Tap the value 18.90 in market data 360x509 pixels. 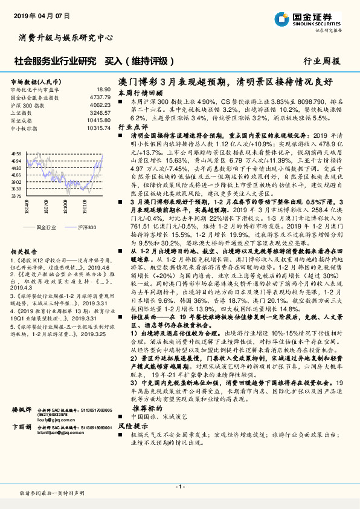click(103, 89)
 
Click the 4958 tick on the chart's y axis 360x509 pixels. click(16, 155)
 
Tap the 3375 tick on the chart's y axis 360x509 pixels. click(16, 196)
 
